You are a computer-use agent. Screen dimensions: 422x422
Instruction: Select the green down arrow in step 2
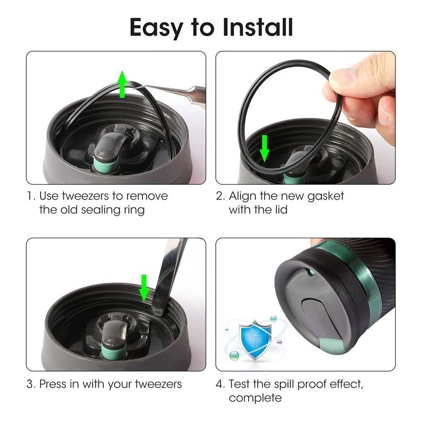[x=264, y=148]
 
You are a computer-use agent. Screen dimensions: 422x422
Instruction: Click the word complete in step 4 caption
[x=255, y=398]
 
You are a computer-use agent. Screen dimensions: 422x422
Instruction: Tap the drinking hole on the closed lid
[x=311, y=272]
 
